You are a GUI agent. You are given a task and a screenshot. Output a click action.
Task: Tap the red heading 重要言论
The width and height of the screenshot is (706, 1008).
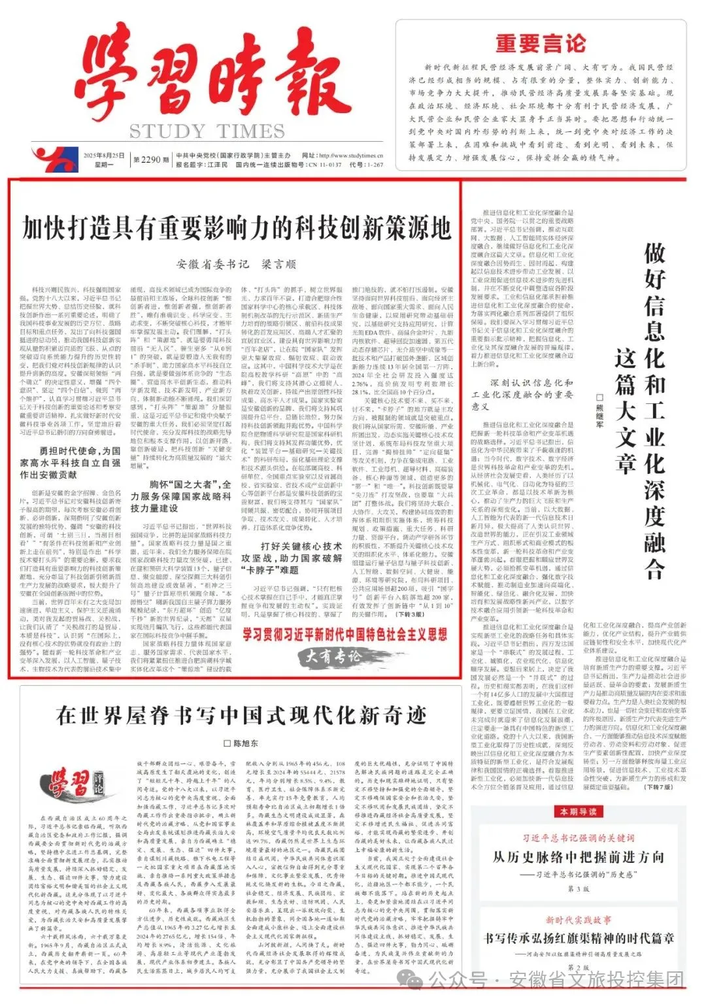coord(540,44)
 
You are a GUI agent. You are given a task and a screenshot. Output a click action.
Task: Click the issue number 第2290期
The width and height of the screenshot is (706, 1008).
coord(146,160)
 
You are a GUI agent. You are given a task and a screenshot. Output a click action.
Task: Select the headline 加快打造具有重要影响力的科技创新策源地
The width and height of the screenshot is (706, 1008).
coord(236,228)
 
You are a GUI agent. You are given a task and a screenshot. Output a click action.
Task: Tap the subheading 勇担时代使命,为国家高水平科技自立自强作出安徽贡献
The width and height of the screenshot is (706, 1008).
coord(70,463)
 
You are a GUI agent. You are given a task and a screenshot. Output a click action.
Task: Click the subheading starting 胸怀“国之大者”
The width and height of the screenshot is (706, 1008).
coord(180,496)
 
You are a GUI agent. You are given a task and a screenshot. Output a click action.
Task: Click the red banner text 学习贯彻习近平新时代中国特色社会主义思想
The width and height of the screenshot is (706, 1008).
coord(345,634)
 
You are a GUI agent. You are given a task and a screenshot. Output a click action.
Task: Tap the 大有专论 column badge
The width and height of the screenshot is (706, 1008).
coord(334,656)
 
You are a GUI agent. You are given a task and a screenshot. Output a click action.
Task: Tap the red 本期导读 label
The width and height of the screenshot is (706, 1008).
coord(578,811)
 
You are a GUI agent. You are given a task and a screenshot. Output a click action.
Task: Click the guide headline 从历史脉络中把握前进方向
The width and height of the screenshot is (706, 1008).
coord(578,857)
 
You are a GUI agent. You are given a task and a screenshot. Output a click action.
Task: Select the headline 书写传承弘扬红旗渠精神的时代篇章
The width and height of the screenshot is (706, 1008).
coord(578,938)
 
